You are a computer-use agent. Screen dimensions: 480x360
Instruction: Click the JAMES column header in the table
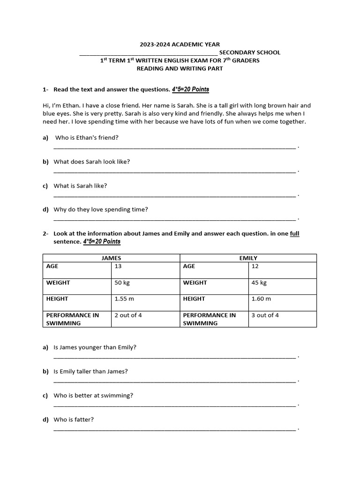(x=111, y=258)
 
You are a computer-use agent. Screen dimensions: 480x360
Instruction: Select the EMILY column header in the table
(x=248, y=258)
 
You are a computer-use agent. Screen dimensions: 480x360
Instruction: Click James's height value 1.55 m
(x=124, y=299)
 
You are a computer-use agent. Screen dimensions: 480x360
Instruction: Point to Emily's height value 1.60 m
(x=261, y=299)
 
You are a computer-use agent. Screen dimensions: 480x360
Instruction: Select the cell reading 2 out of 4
(x=128, y=315)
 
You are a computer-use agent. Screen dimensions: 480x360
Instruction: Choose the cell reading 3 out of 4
(x=265, y=315)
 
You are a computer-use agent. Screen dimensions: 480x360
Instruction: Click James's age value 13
(x=118, y=266)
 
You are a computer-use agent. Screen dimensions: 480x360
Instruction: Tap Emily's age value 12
(x=255, y=266)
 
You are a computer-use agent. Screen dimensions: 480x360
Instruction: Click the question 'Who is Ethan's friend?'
(x=87, y=138)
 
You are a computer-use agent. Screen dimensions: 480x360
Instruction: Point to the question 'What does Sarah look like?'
(x=92, y=162)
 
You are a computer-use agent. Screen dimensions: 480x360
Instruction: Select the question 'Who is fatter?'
(x=74, y=420)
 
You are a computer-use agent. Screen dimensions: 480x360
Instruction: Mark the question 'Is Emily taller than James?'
(x=91, y=372)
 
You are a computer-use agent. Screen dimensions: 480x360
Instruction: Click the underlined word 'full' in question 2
(x=294, y=233)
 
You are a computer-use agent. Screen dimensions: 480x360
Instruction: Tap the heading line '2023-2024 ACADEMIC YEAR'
(x=180, y=45)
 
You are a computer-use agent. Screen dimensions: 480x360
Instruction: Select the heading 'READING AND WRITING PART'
(x=180, y=68)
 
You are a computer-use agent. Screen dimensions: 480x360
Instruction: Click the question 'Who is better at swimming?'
(x=93, y=396)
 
